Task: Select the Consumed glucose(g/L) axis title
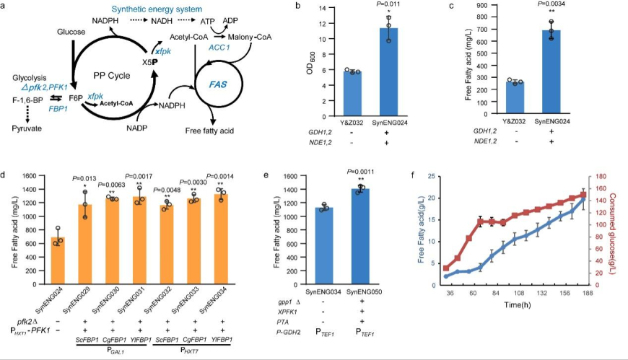(619, 228)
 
